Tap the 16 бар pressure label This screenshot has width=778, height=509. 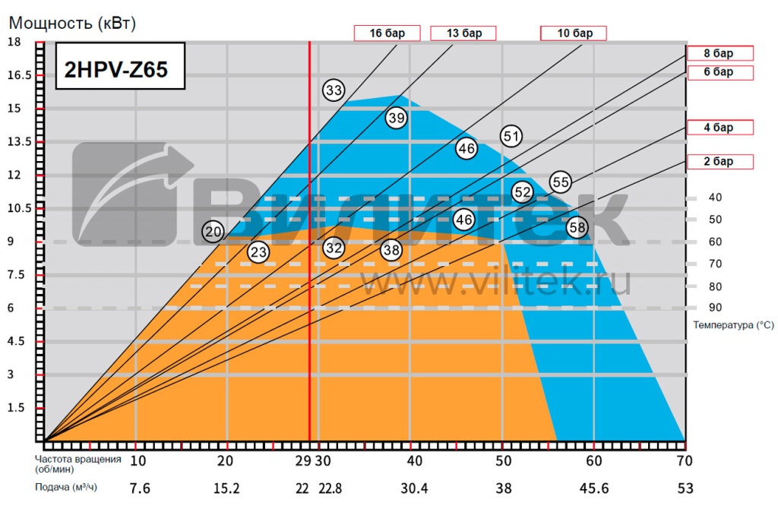pos(387,33)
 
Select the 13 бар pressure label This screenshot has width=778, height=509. pos(463,33)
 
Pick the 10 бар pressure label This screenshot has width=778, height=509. pos(574,33)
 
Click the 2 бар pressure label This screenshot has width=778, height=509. pos(719,161)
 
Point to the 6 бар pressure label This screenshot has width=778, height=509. pos(719,72)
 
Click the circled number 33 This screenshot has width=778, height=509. pos(334,90)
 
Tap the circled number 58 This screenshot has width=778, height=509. pos(577,226)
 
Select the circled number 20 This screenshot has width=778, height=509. pos(213,232)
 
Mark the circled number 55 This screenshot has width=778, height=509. pos(561,182)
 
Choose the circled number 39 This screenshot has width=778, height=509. pos(397,118)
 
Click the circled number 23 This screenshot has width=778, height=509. pos(259,251)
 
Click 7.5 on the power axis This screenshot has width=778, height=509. pos(16,274)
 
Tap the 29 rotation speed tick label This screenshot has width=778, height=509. pos(303,461)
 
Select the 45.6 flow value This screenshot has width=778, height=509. pos(594,487)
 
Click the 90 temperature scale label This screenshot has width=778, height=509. pos(715,308)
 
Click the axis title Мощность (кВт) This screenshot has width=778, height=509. pos(72,23)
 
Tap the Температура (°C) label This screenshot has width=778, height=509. pos(733,325)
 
